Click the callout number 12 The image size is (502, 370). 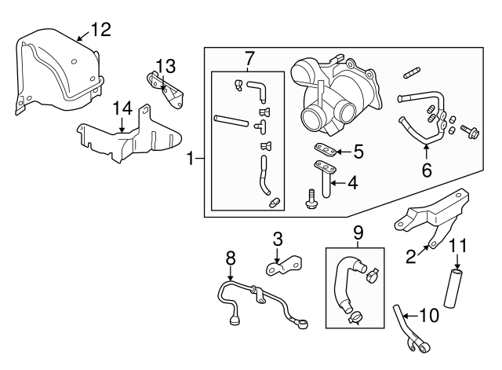coord(100,30)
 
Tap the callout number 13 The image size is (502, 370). coord(164,64)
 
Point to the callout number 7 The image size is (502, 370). coord(250,58)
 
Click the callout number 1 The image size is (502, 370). coord(190,159)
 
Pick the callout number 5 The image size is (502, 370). coord(358,149)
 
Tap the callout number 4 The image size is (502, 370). coord(352,184)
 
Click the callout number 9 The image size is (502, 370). coord(358,233)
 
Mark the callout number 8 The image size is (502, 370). coord(231,256)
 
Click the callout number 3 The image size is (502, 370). coord(277,238)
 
